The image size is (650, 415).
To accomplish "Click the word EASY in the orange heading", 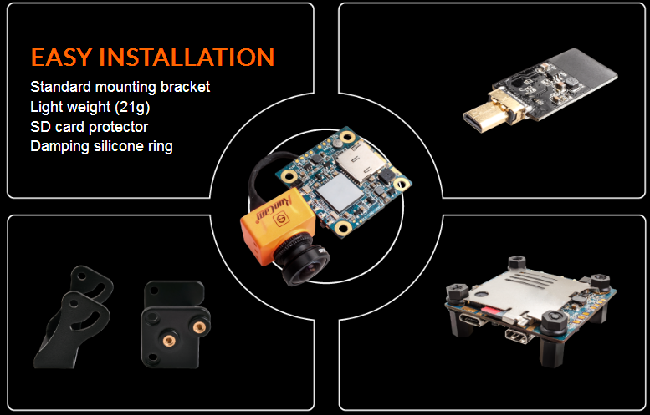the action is point(61,58).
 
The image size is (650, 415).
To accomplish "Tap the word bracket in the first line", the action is point(186,87).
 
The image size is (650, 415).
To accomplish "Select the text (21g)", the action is point(133,107).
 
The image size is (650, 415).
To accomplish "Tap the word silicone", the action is point(112,146).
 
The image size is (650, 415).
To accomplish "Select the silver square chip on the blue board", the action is point(339,193).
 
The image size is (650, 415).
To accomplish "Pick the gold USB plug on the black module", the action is point(487,113).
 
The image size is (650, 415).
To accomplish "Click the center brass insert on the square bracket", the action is point(169,341).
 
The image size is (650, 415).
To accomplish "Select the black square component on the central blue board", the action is point(387,176).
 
